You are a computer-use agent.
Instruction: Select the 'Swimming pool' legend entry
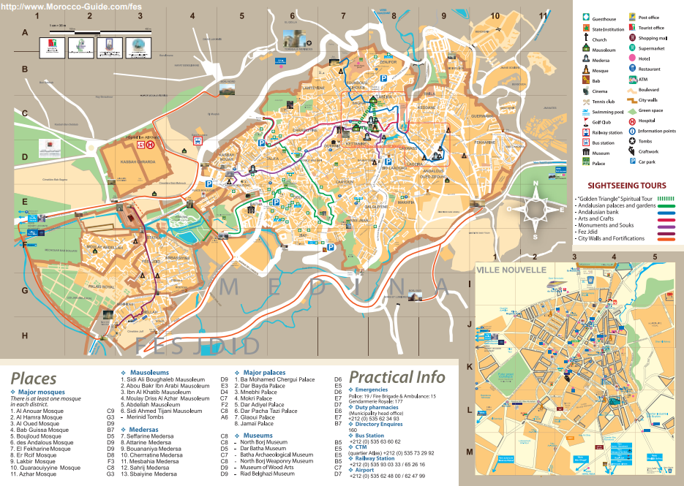(606, 112)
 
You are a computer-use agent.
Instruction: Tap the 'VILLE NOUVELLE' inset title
(511, 270)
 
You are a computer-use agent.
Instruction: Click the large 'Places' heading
(33, 378)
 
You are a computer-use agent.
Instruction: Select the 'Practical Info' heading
(397, 377)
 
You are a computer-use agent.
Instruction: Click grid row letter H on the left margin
(24, 335)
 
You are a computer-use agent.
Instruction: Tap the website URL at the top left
(72, 5)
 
